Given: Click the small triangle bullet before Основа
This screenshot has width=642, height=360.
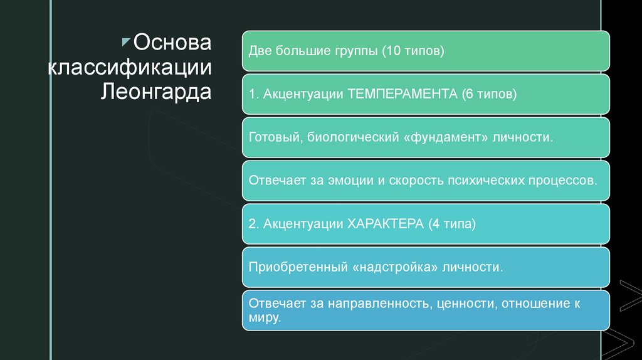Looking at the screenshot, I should pyautogui.click(x=125, y=41).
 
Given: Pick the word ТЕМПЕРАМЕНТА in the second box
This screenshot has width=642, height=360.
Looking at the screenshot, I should pyautogui.click(x=402, y=94).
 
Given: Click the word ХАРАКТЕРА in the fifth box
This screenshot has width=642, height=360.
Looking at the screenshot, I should pyautogui.click(x=384, y=224).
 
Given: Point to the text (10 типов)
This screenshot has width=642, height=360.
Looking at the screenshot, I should pyautogui.click(x=413, y=51).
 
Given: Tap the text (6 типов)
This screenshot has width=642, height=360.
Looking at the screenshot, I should pyautogui.click(x=489, y=94).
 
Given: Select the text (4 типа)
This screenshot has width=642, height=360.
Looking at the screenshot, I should pyautogui.click(x=453, y=224).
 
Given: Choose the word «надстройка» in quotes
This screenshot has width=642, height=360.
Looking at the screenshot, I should pyautogui.click(x=395, y=267).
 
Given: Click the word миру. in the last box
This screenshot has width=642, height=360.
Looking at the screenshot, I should pyautogui.click(x=263, y=318).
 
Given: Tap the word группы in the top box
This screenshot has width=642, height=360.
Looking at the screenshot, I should pyautogui.click(x=352, y=51).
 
